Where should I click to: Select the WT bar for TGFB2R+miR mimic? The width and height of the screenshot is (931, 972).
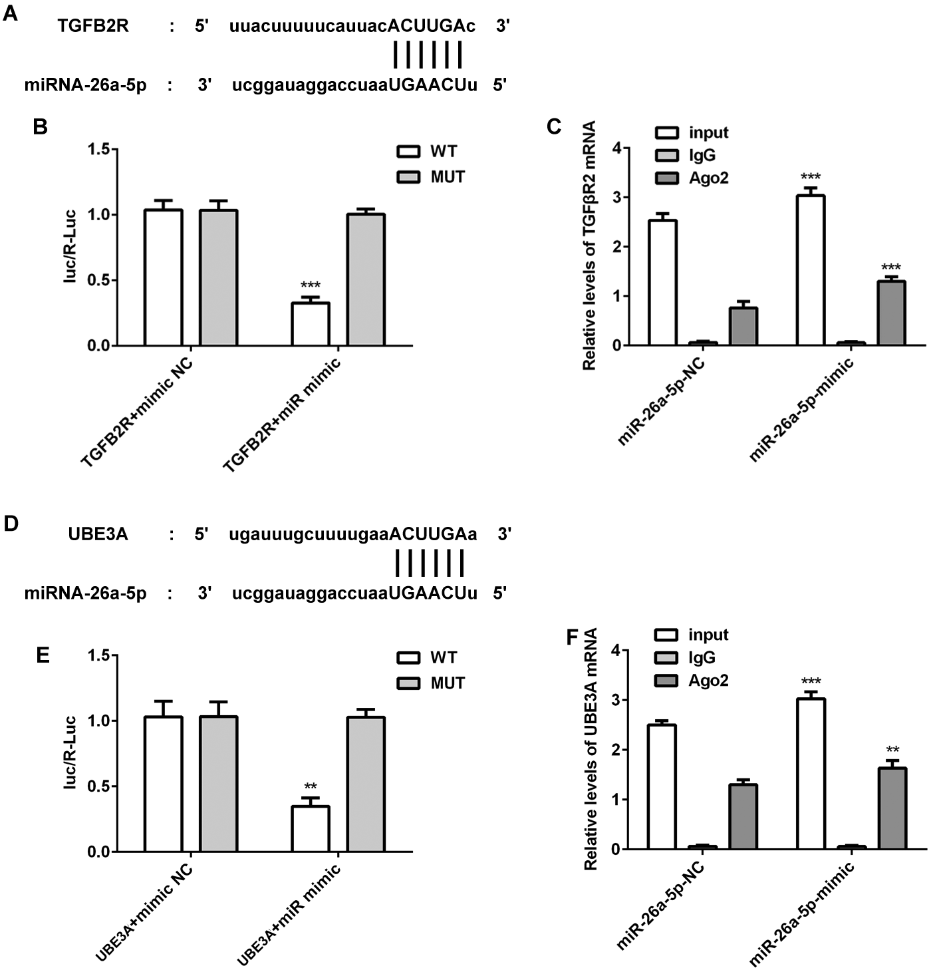(311, 324)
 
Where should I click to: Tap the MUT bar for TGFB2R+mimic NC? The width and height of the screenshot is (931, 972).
(219, 277)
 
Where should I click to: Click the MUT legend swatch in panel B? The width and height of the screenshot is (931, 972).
(408, 177)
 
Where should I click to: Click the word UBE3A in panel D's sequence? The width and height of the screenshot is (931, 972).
(98, 534)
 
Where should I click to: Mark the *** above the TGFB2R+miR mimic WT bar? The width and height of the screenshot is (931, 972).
(311, 286)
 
